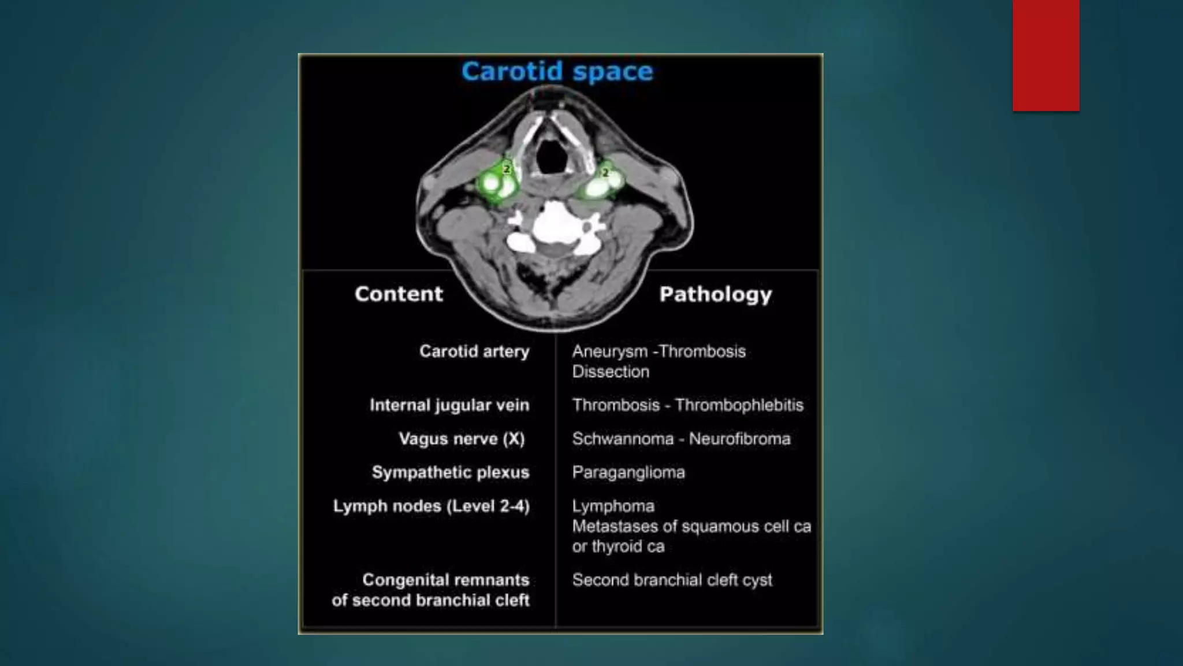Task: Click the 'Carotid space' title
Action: coord(557,72)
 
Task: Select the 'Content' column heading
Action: coord(399,294)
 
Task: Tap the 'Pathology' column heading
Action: coord(715,294)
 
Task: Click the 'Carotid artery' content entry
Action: coord(474,351)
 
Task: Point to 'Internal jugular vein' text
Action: coord(449,405)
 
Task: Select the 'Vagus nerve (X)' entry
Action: coord(462,439)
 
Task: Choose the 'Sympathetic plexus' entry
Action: coord(451,472)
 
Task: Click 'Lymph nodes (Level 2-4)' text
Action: coord(431,506)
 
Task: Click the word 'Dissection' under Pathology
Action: coord(611,372)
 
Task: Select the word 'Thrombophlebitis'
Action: coord(739,405)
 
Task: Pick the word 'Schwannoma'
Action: coord(623,439)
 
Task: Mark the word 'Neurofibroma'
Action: coord(739,439)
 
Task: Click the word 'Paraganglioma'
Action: coord(628,472)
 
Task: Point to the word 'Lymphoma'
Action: coord(613,506)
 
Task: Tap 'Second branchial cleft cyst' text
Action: coord(672,580)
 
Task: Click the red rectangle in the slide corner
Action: coord(1046,55)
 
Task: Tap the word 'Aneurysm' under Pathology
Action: coord(610,351)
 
